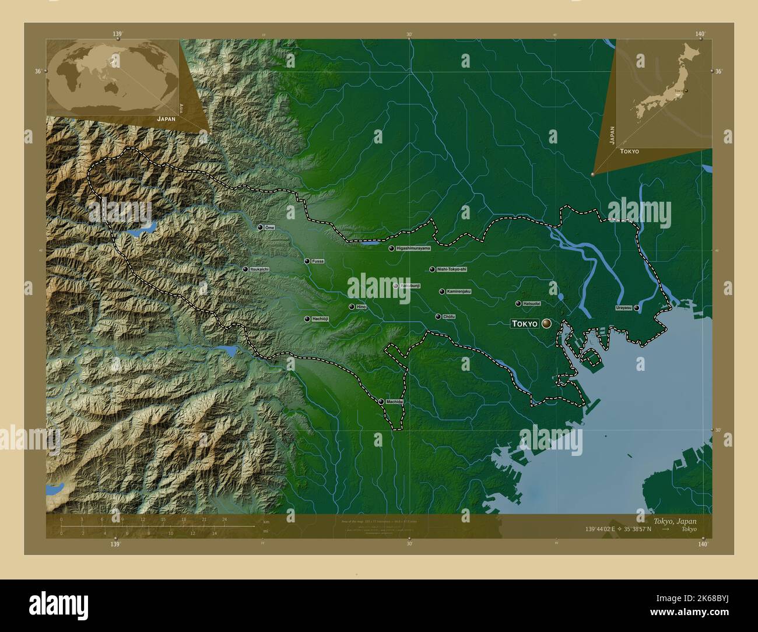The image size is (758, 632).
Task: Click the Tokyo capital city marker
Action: click(x=547, y=323)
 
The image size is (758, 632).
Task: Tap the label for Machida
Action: click(x=394, y=402)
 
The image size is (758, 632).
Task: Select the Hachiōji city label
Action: click(x=321, y=319)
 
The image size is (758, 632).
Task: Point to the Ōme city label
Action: click(x=269, y=227)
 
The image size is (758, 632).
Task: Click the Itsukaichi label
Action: click(x=259, y=269)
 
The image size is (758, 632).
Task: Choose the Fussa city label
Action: click(x=317, y=261)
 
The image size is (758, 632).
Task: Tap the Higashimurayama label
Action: click(x=413, y=248)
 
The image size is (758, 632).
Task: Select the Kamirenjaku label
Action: click(x=458, y=291)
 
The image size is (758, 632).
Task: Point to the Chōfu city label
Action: click(x=448, y=317)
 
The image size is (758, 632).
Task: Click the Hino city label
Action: click(x=360, y=307)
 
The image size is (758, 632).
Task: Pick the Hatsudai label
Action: click(x=531, y=304)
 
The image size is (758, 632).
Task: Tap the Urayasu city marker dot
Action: click(x=637, y=307)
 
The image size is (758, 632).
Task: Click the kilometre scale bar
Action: click(x=157, y=526)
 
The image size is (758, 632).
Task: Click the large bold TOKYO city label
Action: click(x=524, y=324)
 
